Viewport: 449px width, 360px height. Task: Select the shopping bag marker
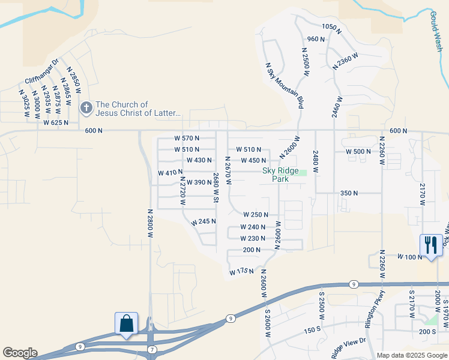click(127, 324)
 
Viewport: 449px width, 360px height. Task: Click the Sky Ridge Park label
click(280, 174)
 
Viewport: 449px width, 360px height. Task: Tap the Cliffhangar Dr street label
click(41, 71)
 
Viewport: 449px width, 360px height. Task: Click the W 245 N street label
click(203, 221)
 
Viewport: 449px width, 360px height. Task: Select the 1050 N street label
click(331, 27)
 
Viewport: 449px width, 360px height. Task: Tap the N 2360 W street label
click(345, 61)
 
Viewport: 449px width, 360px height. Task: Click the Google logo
click(20, 353)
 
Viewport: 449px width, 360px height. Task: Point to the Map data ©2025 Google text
click(411, 355)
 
